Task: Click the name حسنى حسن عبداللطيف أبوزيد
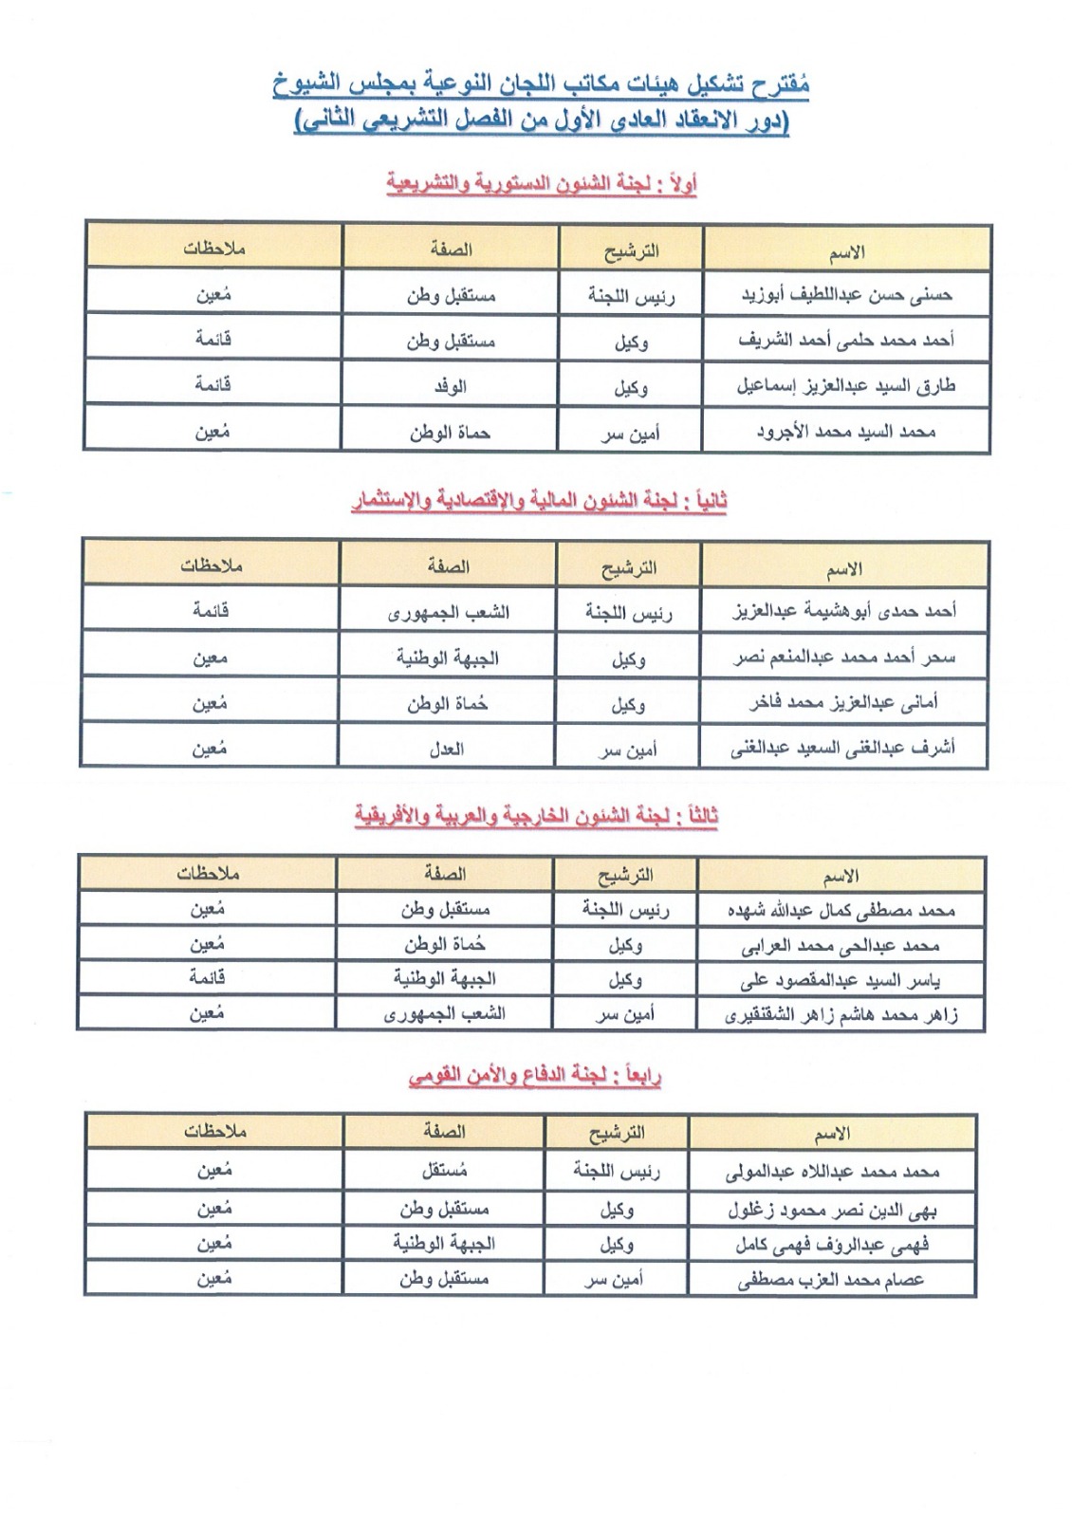pos(846,295)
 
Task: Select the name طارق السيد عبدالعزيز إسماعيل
pos(846,386)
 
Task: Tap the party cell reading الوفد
pos(451,386)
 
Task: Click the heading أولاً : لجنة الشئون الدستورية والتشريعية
pos(541,183)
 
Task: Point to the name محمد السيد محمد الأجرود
pos(846,433)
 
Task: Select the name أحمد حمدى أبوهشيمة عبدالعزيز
pos(844,611)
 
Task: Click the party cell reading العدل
pos(447,749)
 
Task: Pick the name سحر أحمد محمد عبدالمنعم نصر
pos(844,657)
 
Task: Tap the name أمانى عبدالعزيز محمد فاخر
pos(844,703)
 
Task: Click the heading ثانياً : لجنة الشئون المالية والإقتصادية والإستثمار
pos(539,501)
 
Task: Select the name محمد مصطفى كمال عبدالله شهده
pos(841,911)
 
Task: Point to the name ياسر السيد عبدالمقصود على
pos(841,980)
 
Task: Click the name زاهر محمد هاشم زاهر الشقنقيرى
pos(841,1015)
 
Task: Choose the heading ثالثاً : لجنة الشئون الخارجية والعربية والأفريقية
pos(537,816)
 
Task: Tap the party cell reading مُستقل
pos(444,1171)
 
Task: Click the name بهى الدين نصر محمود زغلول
pos(832,1211)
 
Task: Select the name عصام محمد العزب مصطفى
pos(832,1280)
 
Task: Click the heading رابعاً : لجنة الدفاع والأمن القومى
pos(535,1076)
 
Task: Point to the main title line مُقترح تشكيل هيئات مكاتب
pos(541,85)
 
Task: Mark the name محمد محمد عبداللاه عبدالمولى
pos(832,1172)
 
